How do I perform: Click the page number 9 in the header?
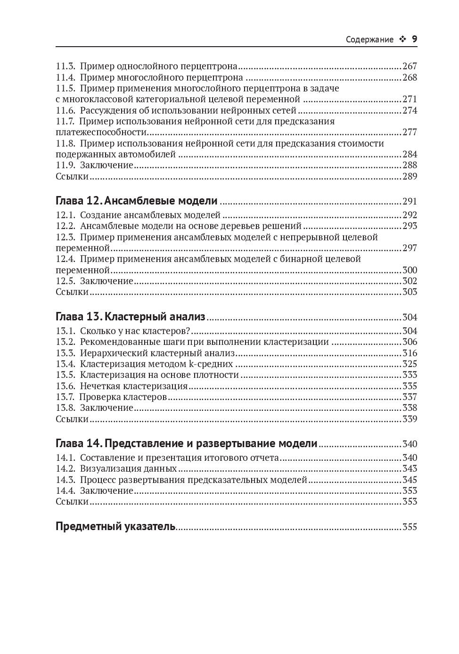415,39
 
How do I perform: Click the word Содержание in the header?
369,40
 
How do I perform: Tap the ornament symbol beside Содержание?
402,40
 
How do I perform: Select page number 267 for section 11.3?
410,66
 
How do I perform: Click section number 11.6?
66,111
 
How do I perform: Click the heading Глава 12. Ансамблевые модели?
137,201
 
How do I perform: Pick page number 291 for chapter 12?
410,202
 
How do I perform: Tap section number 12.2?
66,226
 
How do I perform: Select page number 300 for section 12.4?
410,270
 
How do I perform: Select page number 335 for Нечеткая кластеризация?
410,386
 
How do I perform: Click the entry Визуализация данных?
128,469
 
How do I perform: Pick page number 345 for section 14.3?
410,480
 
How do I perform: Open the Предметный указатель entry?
115,526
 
